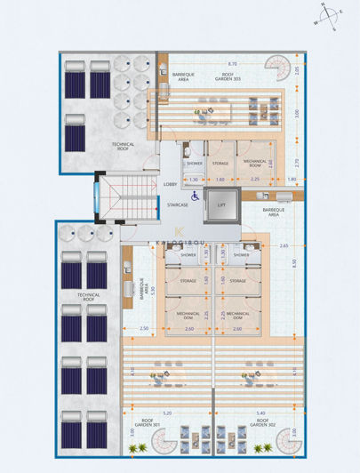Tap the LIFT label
point(222,204)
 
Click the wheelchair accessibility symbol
point(196,196)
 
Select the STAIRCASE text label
point(177,204)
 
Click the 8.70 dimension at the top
point(232,64)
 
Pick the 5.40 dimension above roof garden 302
point(260,413)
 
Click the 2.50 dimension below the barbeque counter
point(145,329)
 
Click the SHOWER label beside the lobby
point(195,164)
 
